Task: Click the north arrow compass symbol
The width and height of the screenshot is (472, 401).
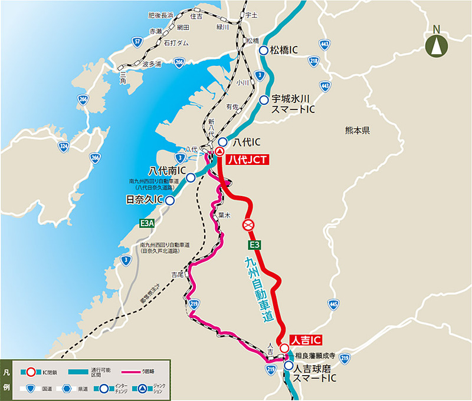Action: (436, 42)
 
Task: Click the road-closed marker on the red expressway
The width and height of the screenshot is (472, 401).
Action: (249, 225)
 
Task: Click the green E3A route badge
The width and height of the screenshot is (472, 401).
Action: (147, 223)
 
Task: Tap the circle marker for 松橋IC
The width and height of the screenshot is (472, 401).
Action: (264, 51)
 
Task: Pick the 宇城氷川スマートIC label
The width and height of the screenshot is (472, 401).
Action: (293, 105)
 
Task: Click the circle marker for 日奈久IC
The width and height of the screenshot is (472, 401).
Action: (169, 200)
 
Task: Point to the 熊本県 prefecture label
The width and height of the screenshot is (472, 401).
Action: (359, 132)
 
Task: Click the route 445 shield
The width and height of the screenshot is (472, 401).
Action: (333, 304)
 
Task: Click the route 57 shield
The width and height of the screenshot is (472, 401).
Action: (137, 41)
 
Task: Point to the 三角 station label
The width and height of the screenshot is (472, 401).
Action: (123, 74)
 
